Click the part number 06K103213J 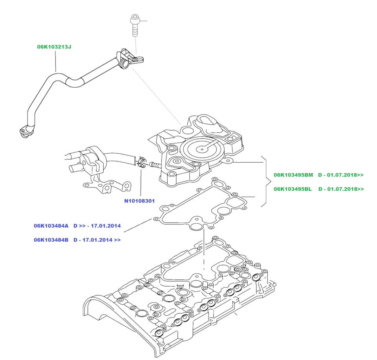54,47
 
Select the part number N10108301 139,201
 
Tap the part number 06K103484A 51,226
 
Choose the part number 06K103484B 51,240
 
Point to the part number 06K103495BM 293,175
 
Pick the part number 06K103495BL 293,189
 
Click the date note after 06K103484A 97,226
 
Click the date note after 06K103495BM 341,175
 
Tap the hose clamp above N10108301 142,162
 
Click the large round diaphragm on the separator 202,149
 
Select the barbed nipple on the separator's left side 155,165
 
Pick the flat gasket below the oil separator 201,204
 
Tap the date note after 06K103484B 97,240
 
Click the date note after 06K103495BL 341,189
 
